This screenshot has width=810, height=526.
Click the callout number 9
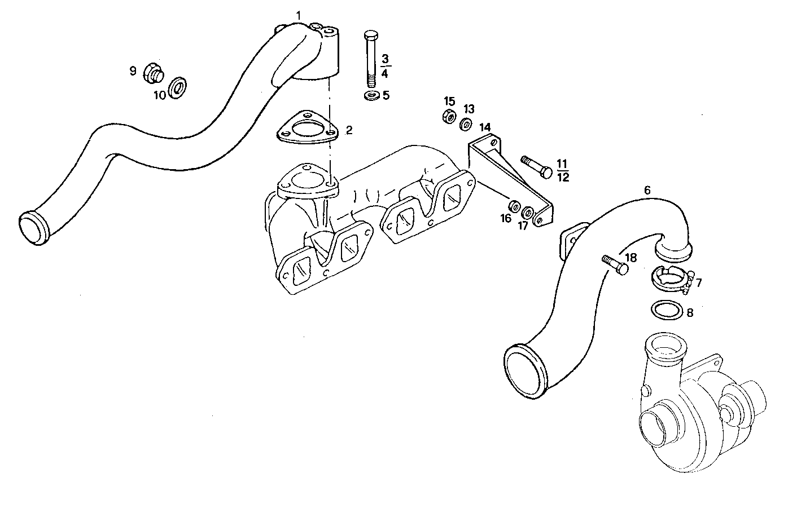click(x=133, y=71)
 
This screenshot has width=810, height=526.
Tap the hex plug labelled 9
click(x=152, y=72)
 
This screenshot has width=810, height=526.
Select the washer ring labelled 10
click(x=178, y=87)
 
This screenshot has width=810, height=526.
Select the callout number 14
click(x=485, y=127)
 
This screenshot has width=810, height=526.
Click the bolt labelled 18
click(x=614, y=264)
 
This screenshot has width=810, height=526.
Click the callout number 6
click(x=647, y=191)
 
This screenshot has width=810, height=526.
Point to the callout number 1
click(x=299, y=13)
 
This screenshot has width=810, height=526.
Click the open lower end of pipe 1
click(x=35, y=228)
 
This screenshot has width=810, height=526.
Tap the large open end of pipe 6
click(x=524, y=372)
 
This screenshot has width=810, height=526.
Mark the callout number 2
click(x=349, y=131)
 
